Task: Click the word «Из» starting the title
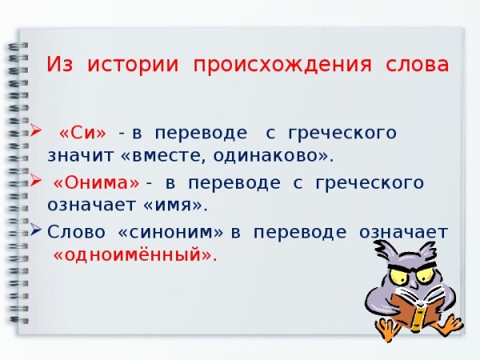pyautogui.click(x=62, y=64)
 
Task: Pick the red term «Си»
pyautogui.click(x=83, y=132)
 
